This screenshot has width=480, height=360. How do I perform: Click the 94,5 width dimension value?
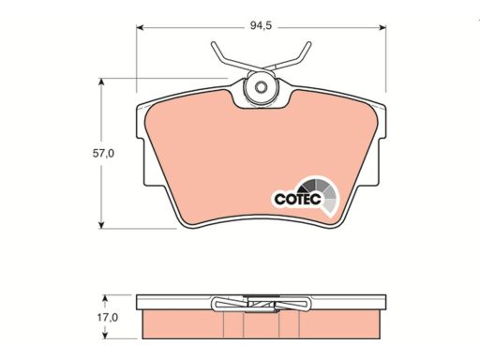tap(261, 25)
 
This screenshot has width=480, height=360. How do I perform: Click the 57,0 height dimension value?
tap(103, 154)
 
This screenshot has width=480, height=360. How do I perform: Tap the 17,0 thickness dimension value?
tap(107, 318)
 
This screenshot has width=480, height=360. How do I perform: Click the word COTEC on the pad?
tap(297, 199)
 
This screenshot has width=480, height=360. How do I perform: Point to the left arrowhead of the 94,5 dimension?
tap(140, 27)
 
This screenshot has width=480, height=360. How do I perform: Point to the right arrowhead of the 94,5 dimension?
tap(382, 27)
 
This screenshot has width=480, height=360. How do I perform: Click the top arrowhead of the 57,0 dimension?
tap(101, 82)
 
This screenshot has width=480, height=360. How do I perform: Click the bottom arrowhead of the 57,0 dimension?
tap(101, 225)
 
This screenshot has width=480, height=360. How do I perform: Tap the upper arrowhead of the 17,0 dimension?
tap(105, 298)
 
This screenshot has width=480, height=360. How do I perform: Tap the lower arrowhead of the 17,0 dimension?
tap(105, 335)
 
